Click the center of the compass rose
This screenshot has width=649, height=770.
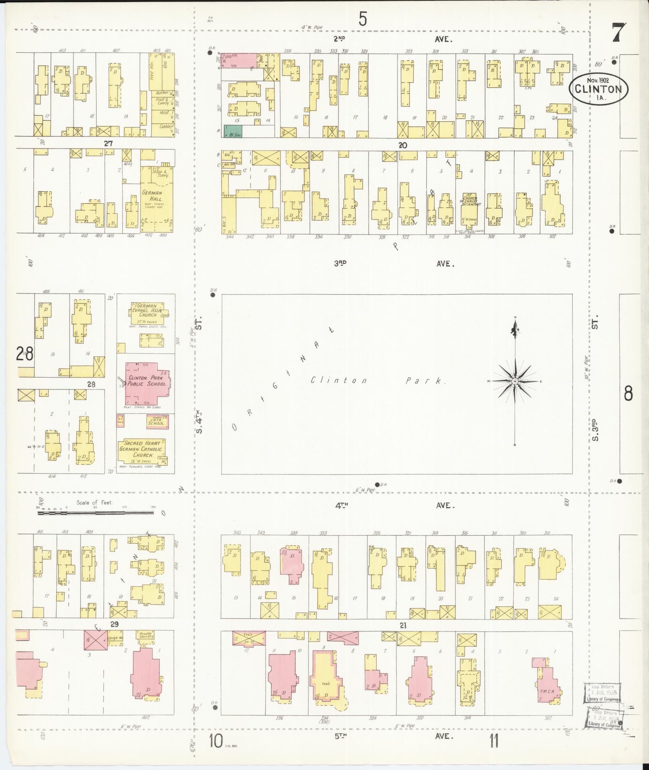(x=515, y=381)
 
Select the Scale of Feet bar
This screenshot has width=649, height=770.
(x=101, y=513)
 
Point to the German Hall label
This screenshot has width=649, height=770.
(x=152, y=196)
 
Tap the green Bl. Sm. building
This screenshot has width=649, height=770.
(x=233, y=131)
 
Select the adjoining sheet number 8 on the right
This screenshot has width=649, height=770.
(x=628, y=393)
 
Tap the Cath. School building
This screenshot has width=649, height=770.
(x=157, y=422)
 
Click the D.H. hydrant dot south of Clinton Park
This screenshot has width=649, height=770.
(x=377, y=484)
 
